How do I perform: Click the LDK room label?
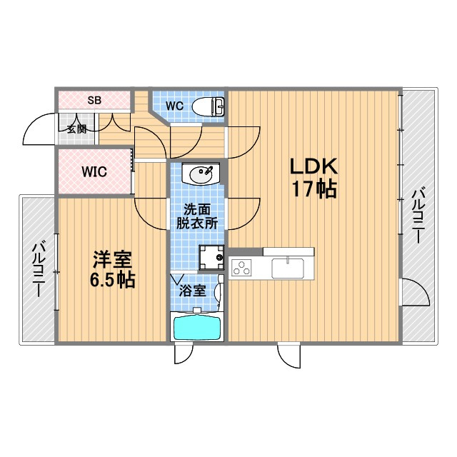tap(313, 166)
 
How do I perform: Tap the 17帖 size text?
tap(314, 189)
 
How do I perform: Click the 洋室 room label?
tap(113, 259)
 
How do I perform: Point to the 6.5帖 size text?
tap(112, 280)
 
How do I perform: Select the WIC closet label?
tap(94, 172)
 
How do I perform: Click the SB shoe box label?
tap(94, 100)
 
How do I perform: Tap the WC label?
tap(174, 106)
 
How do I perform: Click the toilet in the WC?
tap(208, 106)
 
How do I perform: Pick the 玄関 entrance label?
tap(76, 129)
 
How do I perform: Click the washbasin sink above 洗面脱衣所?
tap(201, 174)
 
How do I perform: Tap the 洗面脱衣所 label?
tap(197, 216)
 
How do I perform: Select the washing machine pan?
tap(211, 257)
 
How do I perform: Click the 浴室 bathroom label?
tap(192, 291)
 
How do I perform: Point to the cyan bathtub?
tap(197, 328)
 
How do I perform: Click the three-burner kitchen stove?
tap(241, 268)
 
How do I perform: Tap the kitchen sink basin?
tap(288, 268)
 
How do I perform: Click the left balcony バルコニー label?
tap(39, 270)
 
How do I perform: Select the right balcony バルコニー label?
tap(418, 216)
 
